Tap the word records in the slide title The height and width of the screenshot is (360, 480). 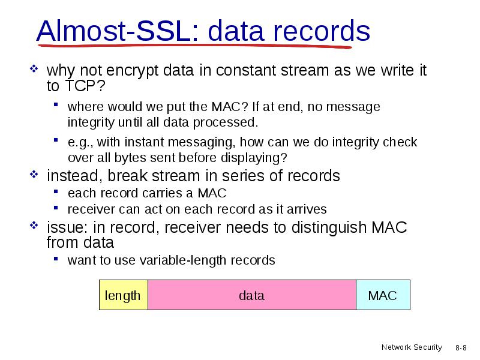322,31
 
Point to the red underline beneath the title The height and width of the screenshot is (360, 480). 194,46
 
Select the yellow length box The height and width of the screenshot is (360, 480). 124,295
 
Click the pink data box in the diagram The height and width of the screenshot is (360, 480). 252,295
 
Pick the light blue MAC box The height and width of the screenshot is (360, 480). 383,295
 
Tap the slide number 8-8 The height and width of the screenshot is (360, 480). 461,348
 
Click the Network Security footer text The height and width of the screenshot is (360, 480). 412,347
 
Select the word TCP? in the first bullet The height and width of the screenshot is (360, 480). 85,86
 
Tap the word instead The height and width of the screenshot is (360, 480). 73,176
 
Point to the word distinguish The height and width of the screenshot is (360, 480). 329,228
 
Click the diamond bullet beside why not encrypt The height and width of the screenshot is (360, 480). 34,68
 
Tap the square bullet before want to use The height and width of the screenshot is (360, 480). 56,259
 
